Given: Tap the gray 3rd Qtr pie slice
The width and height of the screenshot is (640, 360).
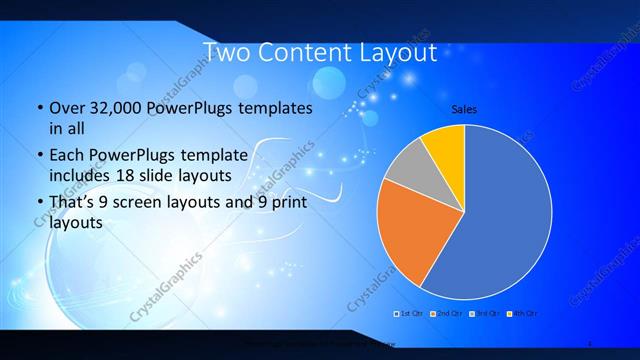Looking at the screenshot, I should click(x=410, y=166).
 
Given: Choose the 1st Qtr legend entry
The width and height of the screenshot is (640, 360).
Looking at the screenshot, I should click(x=411, y=314).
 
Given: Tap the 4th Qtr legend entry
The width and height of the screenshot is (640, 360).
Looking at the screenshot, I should click(x=524, y=314).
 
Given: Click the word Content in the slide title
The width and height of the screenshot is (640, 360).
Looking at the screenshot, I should click(x=311, y=53).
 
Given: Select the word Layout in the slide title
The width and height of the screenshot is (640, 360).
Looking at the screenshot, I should click(x=398, y=53).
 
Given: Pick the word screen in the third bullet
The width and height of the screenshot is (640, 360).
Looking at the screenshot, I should click(x=142, y=203).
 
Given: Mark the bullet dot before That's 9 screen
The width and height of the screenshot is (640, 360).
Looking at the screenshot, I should click(x=39, y=203).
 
